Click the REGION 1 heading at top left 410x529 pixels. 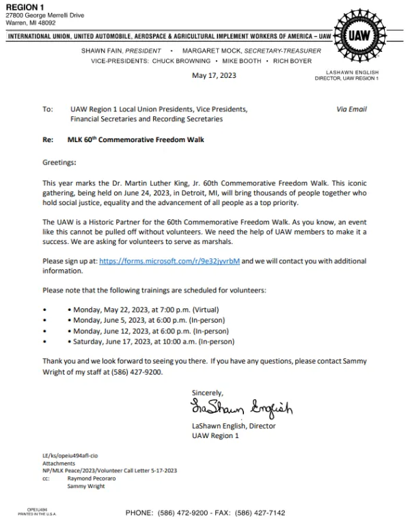24,6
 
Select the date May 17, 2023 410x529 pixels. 214,75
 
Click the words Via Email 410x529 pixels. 352,109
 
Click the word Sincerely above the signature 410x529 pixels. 208,392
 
